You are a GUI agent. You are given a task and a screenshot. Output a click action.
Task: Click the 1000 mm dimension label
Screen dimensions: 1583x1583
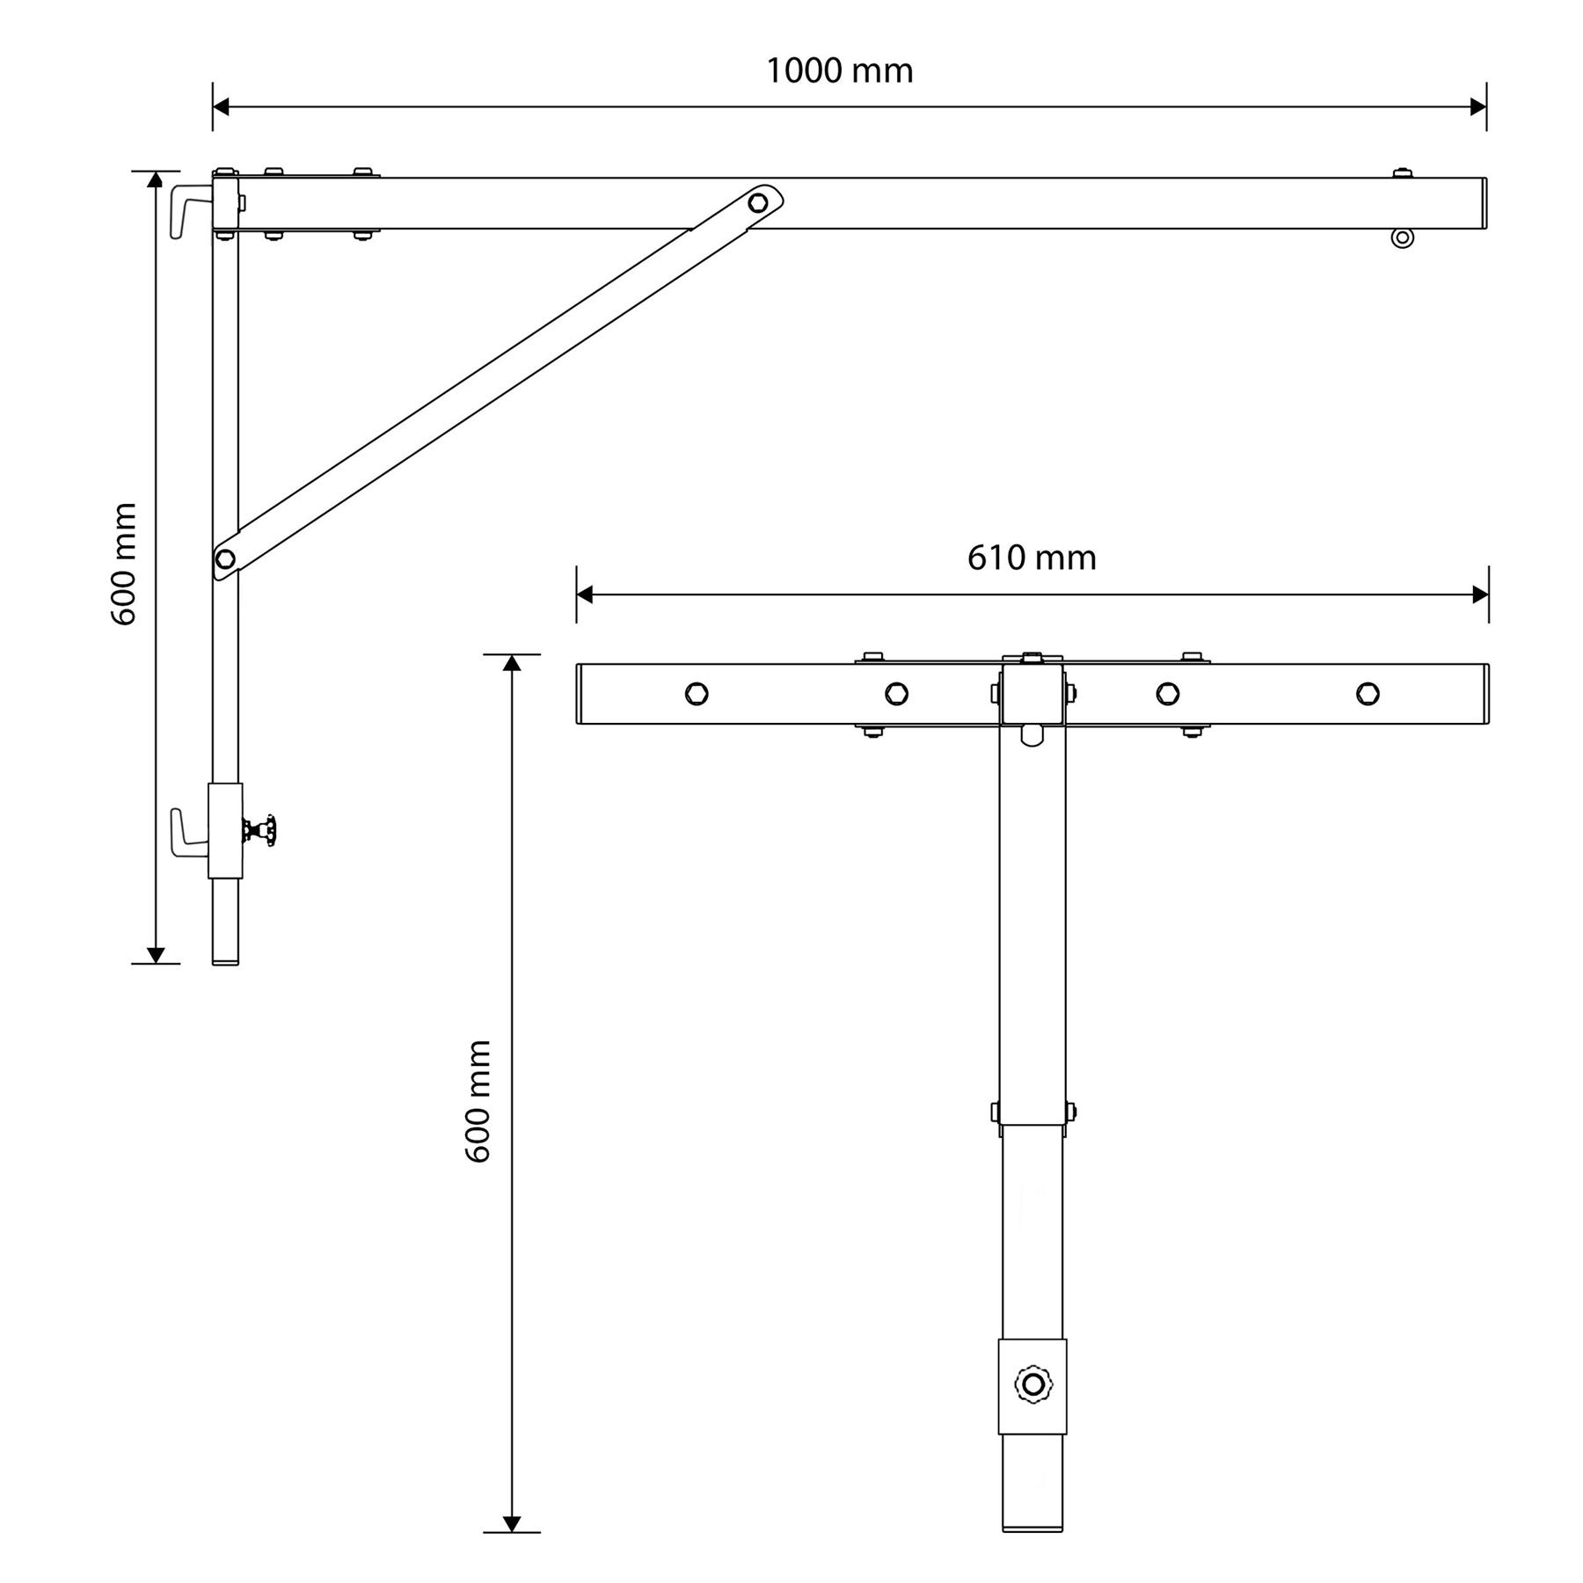(x=839, y=70)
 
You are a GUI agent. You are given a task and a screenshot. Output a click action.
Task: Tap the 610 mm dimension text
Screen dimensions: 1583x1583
(x=1032, y=558)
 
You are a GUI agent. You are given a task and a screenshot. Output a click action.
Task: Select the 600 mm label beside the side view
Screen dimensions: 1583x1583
(x=124, y=565)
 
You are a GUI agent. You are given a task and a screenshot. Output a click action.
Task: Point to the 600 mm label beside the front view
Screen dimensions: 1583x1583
(x=478, y=1101)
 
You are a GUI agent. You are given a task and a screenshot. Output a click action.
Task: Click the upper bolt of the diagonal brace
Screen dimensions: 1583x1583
(x=757, y=203)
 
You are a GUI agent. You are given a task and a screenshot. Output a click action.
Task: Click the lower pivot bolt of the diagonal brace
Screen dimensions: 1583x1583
(x=225, y=558)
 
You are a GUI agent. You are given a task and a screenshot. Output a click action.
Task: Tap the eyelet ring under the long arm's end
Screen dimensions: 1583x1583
(x=1403, y=237)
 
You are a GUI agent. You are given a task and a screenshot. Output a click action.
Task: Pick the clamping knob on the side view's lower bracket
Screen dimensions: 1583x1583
(x=260, y=830)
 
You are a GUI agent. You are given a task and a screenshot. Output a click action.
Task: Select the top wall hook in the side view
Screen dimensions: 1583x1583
(x=192, y=211)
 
